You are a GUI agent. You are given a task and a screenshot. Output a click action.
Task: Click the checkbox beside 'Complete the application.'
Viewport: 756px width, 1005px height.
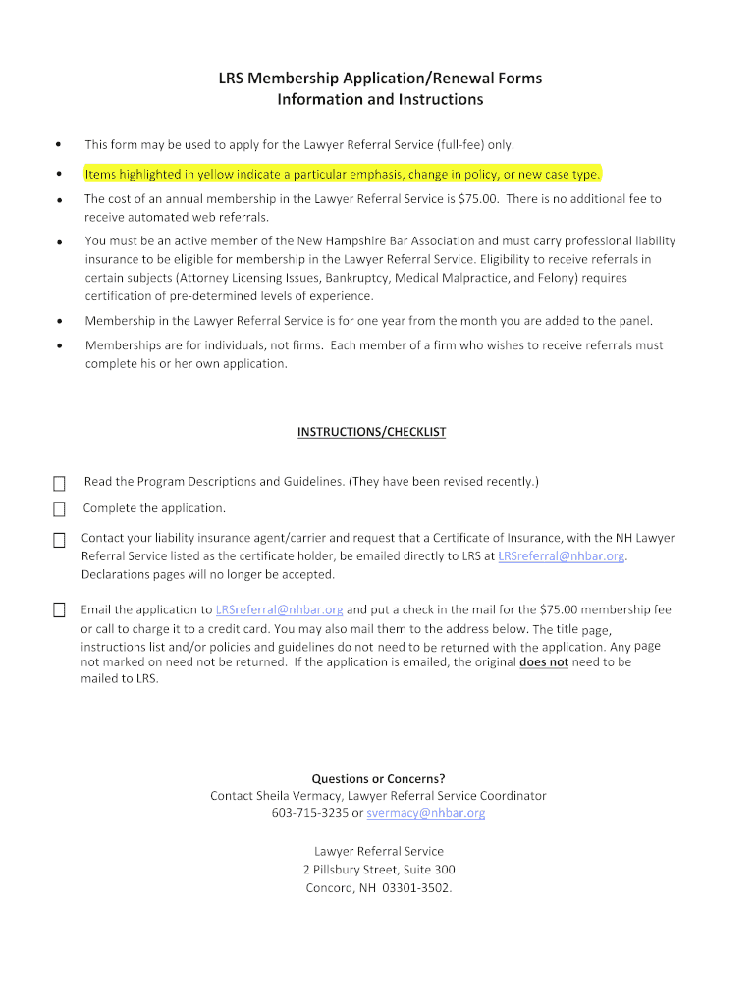coord(59,508)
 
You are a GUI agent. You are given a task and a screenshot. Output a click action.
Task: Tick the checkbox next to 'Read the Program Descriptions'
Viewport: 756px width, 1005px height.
coord(59,483)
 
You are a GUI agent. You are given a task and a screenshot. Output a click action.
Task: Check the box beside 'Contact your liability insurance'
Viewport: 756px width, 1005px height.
coord(59,540)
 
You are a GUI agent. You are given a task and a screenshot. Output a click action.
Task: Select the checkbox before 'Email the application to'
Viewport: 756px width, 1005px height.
coord(59,610)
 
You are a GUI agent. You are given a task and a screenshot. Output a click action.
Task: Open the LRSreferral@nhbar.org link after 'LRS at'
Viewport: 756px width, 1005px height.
coord(562,556)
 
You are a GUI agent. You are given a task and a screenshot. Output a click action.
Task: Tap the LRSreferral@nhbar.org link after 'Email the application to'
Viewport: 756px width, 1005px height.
coord(279,610)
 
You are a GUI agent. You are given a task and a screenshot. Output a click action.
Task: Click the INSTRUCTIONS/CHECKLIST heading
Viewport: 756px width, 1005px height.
coord(371,433)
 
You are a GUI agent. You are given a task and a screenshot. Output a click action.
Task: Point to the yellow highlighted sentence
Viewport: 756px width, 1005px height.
coord(343,175)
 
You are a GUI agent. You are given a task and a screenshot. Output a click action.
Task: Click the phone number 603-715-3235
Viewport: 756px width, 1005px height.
coord(309,814)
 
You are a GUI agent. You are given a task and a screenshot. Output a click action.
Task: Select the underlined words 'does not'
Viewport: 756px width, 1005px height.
coord(544,662)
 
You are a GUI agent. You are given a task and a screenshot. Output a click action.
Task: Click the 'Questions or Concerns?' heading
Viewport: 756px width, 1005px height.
coord(378,778)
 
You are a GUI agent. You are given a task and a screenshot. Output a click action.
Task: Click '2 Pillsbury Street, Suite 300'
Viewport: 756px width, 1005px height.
coord(379,870)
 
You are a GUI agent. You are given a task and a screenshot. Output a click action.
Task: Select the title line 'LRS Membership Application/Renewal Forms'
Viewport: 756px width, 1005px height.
coord(380,79)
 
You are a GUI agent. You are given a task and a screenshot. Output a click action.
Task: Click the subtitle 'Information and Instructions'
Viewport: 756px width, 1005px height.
coord(380,100)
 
